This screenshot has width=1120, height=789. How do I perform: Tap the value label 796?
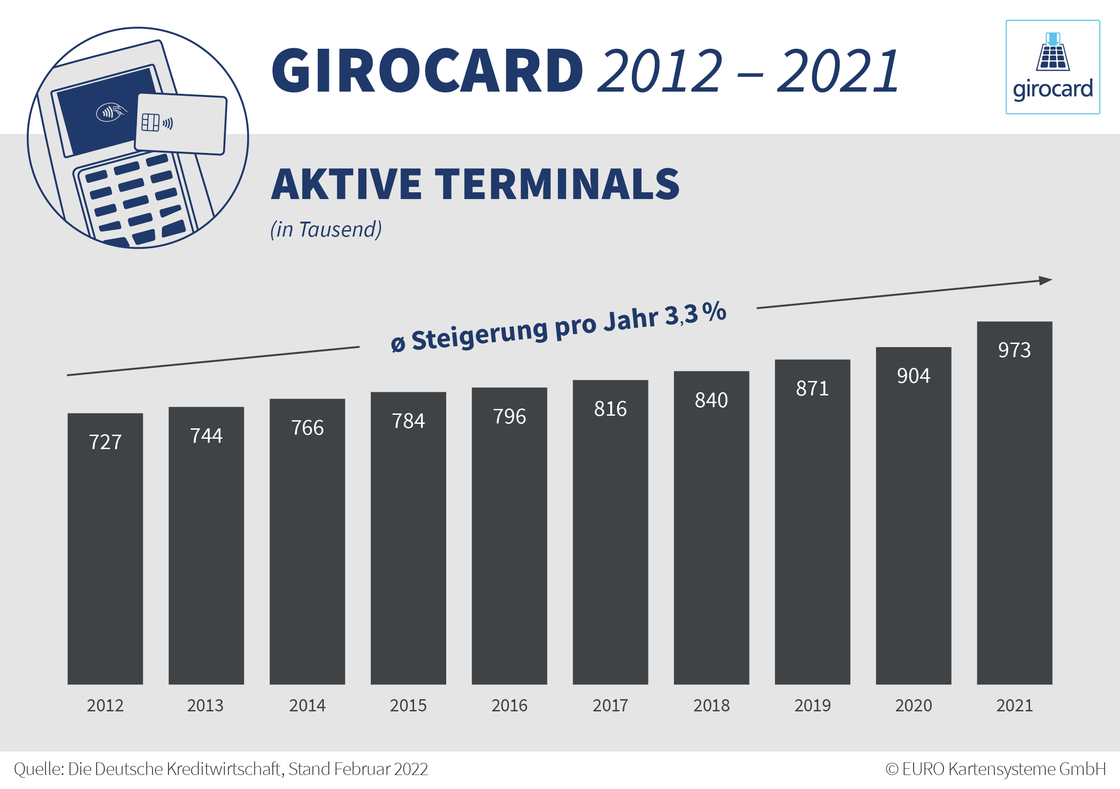509,417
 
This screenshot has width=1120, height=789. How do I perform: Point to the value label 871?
812,389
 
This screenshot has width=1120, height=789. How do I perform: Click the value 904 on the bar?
913,376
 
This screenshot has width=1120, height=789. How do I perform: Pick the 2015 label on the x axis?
408,705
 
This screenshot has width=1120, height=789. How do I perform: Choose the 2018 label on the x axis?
711,705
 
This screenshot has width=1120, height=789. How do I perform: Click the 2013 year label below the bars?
205,705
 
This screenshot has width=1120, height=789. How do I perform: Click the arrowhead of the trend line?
1045,280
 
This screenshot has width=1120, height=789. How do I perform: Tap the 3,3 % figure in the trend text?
695,314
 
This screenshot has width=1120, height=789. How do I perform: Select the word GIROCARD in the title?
427,71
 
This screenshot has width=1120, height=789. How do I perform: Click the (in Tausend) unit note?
326,230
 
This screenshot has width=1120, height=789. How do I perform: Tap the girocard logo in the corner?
1053,67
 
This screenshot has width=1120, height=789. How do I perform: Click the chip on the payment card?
150,122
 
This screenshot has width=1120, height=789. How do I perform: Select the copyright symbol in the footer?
891,769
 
